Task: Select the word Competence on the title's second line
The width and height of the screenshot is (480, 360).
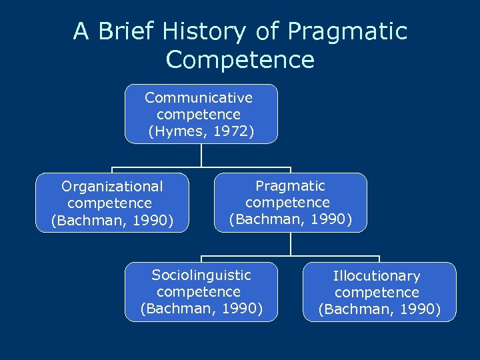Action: (240, 59)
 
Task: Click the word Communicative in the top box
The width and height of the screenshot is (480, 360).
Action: (199, 98)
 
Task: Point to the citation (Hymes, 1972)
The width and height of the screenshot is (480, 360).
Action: (201, 131)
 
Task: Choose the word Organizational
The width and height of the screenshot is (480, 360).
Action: (112, 187)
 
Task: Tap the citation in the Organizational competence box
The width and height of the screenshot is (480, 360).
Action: (112, 220)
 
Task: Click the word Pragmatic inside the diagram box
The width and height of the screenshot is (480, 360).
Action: (291, 185)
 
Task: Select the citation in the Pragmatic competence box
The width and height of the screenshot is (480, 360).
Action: (291, 219)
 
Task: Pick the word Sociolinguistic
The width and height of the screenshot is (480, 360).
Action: (201, 275)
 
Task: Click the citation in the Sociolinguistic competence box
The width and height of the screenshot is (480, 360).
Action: (201, 308)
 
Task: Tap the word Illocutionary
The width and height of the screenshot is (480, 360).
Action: (377, 276)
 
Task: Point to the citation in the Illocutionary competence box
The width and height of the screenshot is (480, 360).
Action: (379, 309)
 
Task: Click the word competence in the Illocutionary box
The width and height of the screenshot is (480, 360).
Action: (377, 293)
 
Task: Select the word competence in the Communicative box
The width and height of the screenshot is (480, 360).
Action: (199, 115)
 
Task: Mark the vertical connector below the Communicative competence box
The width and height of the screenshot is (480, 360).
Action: (201, 155)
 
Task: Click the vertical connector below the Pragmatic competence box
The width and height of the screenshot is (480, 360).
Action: (291, 243)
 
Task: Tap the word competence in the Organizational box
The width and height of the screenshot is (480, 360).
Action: (110, 203)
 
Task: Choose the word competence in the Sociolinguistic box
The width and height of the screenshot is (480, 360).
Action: (199, 291)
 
